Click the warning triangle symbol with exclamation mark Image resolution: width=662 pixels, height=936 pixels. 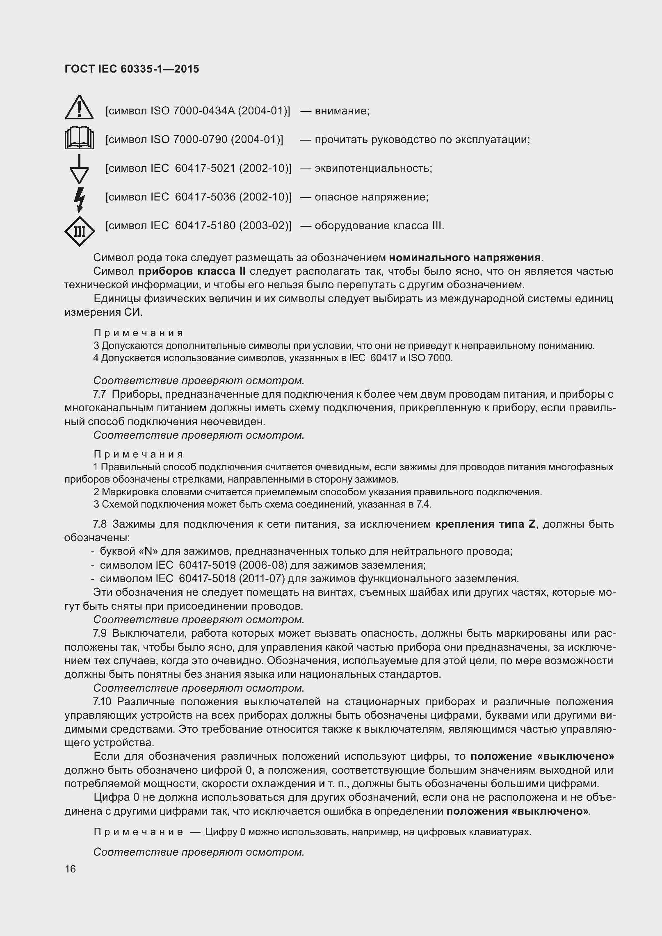(79, 108)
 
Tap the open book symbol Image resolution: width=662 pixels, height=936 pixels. (79, 139)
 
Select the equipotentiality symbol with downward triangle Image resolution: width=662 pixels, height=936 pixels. (79, 169)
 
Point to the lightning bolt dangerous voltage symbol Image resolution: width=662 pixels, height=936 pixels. (79, 199)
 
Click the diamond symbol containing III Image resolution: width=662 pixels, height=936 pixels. (79, 232)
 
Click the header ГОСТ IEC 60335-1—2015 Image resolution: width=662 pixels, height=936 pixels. (132, 69)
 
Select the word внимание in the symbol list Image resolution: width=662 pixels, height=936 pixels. (342, 111)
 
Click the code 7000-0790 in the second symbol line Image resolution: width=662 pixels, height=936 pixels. (200, 140)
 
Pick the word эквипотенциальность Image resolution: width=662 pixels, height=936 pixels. (373, 169)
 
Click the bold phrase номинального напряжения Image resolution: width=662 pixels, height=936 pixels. (465, 258)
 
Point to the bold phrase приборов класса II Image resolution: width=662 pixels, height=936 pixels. (192, 271)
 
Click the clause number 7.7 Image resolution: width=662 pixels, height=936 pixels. (100, 394)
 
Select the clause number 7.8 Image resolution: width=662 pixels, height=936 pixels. (100, 524)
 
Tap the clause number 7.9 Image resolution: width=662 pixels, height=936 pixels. (100, 633)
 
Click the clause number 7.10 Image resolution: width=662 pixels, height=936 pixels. (102, 701)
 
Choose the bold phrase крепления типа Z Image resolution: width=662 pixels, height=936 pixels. (486, 524)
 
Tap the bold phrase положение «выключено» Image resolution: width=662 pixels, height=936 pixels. (542, 756)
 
